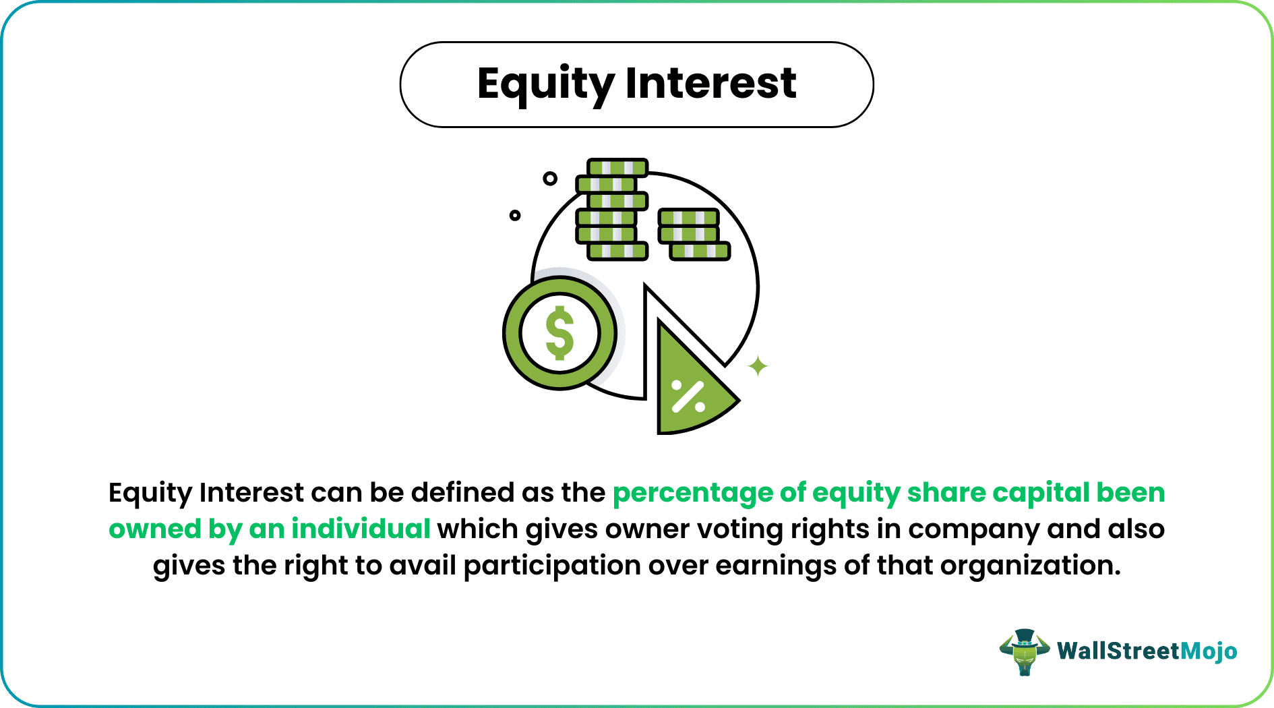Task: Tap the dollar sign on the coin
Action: click(559, 333)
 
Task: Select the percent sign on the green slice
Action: click(688, 396)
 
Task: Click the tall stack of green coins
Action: click(611, 210)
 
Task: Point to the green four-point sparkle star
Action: click(758, 366)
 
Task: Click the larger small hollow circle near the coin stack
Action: click(550, 179)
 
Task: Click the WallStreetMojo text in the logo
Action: click(1147, 651)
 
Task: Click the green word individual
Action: click(361, 529)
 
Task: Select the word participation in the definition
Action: click(551, 566)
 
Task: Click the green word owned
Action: click(154, 529)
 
